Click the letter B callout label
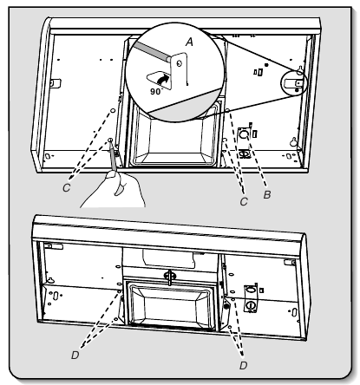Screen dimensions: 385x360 click(x=267, y=195)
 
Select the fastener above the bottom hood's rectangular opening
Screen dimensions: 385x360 click(x=169, y=277)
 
